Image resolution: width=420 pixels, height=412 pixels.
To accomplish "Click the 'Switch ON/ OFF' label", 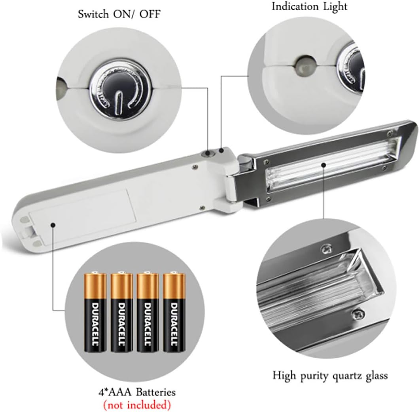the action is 119,14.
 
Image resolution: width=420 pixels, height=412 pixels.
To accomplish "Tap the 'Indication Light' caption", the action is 309,6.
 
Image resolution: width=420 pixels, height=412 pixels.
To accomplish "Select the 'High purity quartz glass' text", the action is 330,376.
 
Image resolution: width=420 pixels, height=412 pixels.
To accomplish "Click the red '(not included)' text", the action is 137,404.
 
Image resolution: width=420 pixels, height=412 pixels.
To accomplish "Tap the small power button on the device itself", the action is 208,153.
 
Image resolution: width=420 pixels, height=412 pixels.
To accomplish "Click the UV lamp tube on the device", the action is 332,164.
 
